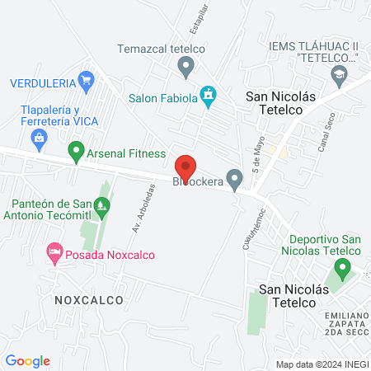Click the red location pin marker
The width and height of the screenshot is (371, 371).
point(185,167)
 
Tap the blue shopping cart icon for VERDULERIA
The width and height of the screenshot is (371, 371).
point(86,80)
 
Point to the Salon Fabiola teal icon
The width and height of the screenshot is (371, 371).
point(209,96)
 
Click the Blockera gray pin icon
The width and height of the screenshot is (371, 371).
point(235,177)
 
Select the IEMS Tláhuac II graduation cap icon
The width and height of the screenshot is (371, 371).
point(339,75)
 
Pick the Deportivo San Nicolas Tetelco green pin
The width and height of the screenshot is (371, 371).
point(342,268)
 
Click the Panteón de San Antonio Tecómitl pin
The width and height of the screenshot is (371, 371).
point(102,206)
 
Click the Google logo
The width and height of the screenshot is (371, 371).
point(27,360)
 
